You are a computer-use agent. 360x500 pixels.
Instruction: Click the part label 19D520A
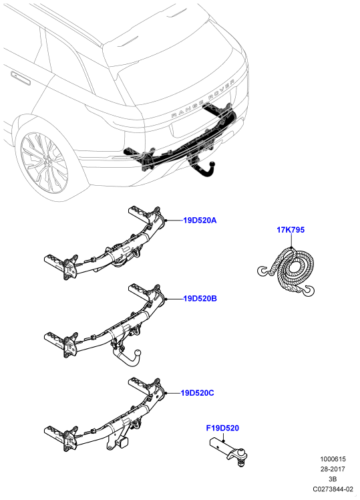pos(200,221)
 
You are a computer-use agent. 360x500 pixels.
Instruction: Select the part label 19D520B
pos(200,299)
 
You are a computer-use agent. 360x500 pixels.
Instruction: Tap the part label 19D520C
pos(198,393)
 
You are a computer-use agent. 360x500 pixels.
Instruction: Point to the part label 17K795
pos(291,229)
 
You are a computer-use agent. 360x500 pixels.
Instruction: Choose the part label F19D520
pos(222,428)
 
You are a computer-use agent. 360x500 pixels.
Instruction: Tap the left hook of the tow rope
pos(264,271)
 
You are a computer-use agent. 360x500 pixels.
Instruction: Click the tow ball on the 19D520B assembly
pos(138,353)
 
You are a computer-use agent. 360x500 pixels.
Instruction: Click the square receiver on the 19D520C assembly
pos(124,441)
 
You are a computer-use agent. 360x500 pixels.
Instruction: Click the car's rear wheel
pos(44,163)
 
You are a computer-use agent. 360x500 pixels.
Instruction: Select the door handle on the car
pos(21,78)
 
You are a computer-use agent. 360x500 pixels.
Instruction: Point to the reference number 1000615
pos(333,459)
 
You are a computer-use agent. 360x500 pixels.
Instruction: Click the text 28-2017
pos(333,469)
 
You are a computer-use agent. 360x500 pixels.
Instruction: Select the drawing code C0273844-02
pos(333,489)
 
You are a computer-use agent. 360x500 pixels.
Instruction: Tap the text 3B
pos(333,479)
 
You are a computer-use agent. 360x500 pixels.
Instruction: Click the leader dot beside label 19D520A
pos(166,221)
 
